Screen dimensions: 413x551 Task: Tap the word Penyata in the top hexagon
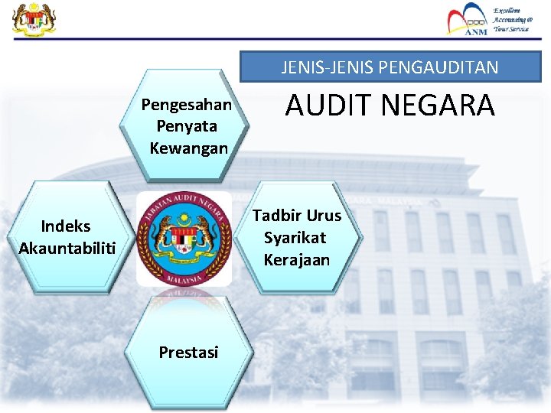click(x=187, y=126)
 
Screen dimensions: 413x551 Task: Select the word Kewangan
click(x=189, y=148)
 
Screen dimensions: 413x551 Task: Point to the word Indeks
click(x=66, y=226)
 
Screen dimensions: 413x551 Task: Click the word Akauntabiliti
click(x=67, y=248)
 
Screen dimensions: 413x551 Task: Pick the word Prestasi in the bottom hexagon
click(x=188, y=352)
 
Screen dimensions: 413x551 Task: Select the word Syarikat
click(x=295, y=237)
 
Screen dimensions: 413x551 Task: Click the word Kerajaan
click(x=297, y=259)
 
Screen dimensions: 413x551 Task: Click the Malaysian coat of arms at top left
click(x=34, y=19)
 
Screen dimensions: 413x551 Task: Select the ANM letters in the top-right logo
click(x=476, y=31)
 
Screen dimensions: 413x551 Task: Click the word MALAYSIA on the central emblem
click(x=184, y=278)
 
